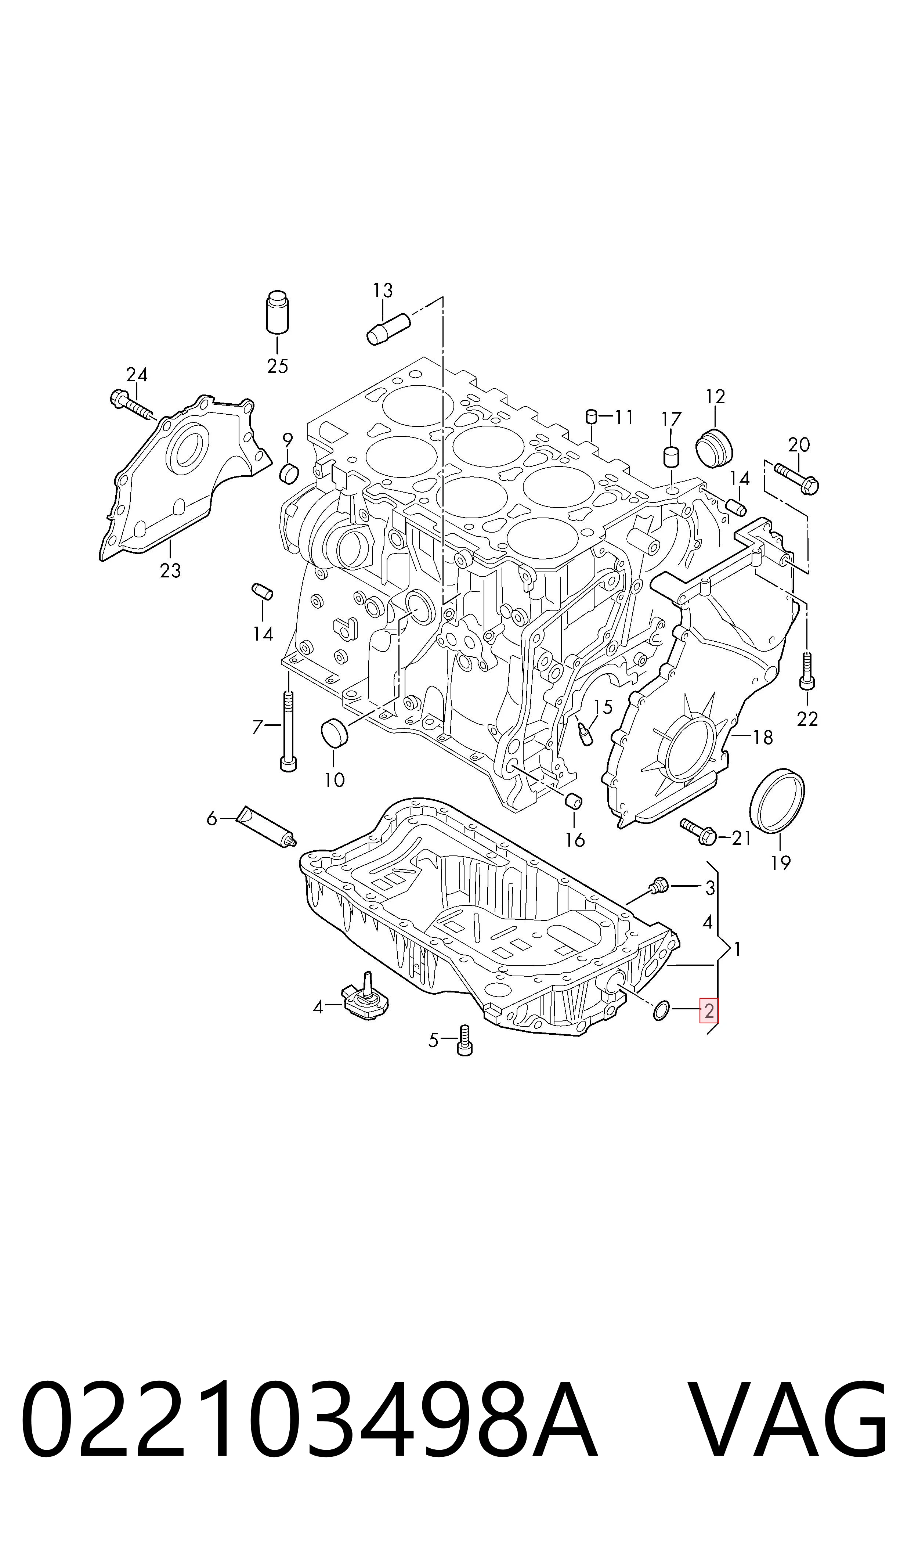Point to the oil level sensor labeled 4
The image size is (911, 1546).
pos(366,1000)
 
